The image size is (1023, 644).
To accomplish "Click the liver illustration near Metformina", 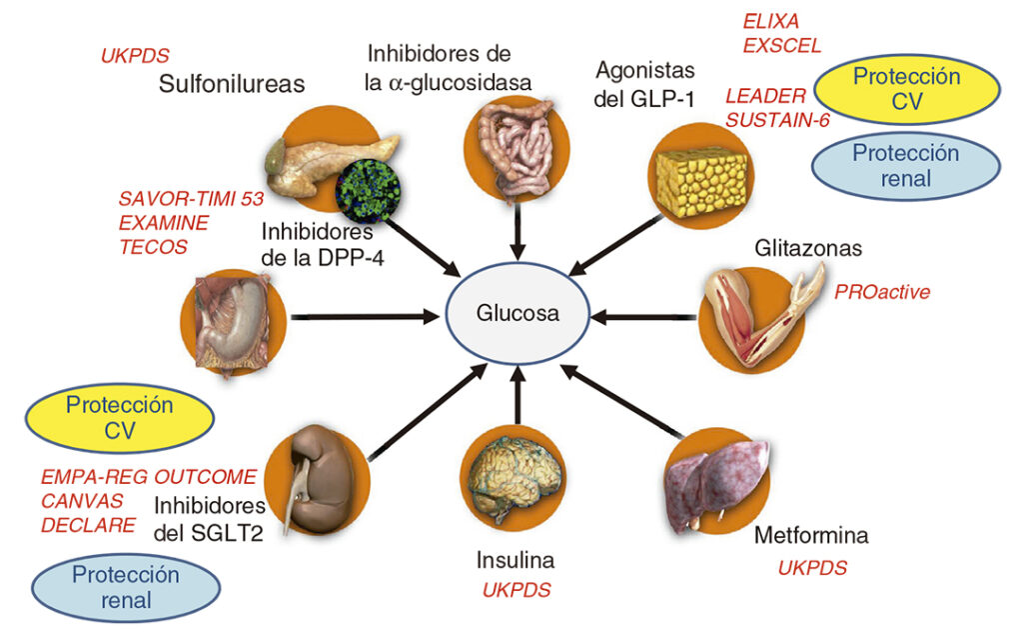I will (720, 474).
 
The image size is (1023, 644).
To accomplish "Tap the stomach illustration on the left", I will (235, 316).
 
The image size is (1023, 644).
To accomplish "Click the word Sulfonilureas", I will (232, 84).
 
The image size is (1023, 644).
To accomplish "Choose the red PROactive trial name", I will (882, 292).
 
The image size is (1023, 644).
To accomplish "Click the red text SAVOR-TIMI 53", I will (191, 198).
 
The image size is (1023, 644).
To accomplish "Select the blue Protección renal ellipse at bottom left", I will (126, 587).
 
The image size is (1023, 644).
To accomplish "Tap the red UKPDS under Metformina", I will (812, 568).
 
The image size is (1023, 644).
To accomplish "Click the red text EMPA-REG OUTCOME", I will (149, 477).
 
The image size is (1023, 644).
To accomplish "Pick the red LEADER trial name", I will (765, 97).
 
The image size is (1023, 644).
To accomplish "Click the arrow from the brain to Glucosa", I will (517, 394).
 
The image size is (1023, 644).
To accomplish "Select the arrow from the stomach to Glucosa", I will (365, 317).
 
